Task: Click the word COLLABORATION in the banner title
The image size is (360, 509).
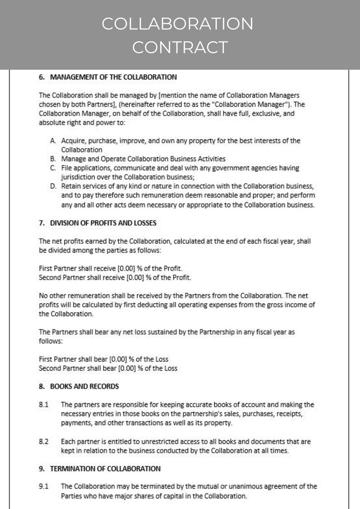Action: [x=177, y=24]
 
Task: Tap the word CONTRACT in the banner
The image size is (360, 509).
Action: [x=180, y=47]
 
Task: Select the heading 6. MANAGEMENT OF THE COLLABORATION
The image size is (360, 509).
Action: [x=108, y=77]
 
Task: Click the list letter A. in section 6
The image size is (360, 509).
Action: [x=53, y=141]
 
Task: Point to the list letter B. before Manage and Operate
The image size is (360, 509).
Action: [x=53, y=159]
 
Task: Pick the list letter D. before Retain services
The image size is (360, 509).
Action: [x=53, y=186]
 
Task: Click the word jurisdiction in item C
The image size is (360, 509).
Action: [x=78, y=177]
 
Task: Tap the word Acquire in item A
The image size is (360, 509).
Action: [x=73, y=141]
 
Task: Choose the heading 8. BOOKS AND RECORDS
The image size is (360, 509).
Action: [x=79, y=387]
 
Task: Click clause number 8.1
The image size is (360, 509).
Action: [x=44, y=404]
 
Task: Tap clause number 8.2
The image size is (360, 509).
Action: [x=44, y=441]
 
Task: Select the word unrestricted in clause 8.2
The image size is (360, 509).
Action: [x=148, y=441]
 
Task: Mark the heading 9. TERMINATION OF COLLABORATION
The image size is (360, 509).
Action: [x=100, y=469]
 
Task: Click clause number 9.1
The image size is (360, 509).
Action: [x=44, y=487]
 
